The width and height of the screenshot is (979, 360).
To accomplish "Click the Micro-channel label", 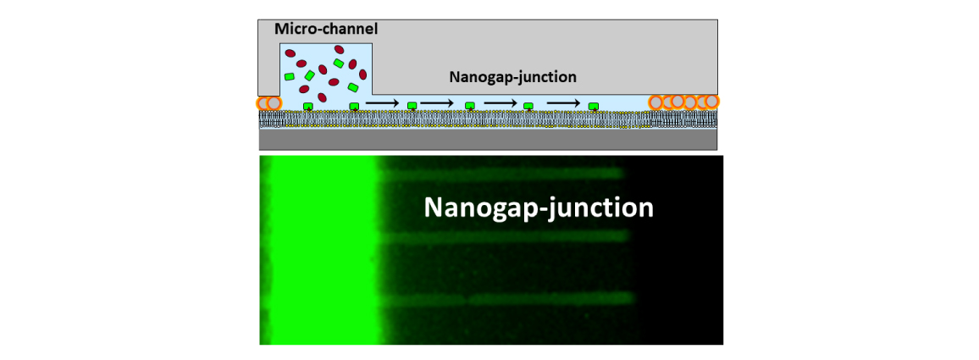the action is tap(327, 29).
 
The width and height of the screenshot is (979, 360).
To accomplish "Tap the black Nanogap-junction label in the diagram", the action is tap(512, 77).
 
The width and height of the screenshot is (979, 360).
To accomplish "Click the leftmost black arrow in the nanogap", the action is tap(382, 102).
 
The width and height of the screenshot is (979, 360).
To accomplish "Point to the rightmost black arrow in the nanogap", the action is tap(564, 102).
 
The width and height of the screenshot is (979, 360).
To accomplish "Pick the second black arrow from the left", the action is tap(437, 102).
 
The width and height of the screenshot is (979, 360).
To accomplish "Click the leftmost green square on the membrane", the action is tap(307, 106).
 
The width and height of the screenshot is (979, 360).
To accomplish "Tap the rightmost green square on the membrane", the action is tap(594, 106).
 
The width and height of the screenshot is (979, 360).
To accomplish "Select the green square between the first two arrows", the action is tap(412, 106).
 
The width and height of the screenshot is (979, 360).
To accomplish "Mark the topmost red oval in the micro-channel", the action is tap(339, 49).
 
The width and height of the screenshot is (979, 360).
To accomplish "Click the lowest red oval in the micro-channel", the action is tap(323, 97).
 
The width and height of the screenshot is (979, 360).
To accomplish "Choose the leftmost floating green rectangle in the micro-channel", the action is tap(290, 76).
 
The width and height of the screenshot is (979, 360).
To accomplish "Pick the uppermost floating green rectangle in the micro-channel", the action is tap(339, 63).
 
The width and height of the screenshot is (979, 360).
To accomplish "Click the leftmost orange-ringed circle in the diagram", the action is tap(263, 103).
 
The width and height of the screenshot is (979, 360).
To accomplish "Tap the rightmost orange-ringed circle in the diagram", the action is tap(711, 102).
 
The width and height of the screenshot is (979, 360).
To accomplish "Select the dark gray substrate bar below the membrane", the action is tap(488, 139).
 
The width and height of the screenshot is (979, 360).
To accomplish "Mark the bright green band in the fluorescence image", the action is tap(323, 250).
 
